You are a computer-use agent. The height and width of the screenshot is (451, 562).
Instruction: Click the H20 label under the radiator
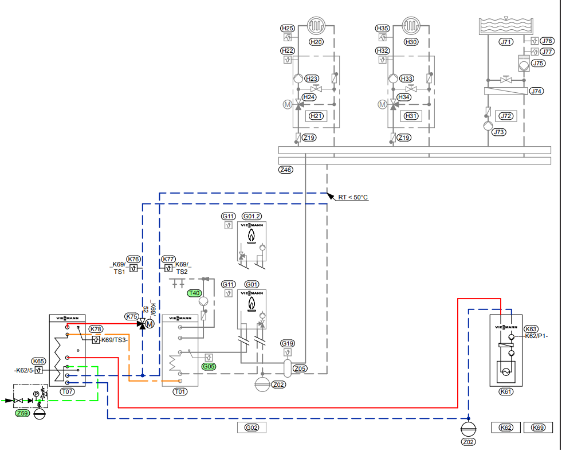(x=316, y=42)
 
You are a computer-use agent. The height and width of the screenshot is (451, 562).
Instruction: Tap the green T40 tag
(x=194, y=293)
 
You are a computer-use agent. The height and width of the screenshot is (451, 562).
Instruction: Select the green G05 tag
(x=209, y=366)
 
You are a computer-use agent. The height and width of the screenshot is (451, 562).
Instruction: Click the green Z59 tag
(x=22, y=413)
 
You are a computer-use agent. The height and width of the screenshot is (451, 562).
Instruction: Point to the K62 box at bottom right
(x=506, y=428)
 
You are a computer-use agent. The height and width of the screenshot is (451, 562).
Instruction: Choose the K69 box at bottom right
(x=538, y=428)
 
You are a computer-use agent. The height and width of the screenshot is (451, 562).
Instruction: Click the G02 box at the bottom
(x=251, y=428)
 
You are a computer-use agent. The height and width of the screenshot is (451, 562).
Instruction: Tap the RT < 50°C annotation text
(x=353, y=197)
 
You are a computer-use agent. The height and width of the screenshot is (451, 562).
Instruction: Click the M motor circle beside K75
(x=150, y=324)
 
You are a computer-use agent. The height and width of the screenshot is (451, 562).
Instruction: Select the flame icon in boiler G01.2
(x=251, y=236)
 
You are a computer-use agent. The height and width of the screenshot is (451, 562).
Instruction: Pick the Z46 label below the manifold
(x=286, y=170)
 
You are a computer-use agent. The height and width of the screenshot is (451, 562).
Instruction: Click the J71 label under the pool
(x=506, y=42)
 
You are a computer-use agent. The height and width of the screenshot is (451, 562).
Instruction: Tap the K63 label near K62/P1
(x=531, y=329)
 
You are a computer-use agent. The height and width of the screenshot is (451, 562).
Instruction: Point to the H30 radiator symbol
(x=411, y=25)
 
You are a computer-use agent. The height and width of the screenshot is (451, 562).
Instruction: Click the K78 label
(x=96, y=329)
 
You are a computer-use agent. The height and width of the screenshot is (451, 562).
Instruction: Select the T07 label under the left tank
(x=68, y=391)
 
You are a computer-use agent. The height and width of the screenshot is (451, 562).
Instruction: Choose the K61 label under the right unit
(x=506, y=391)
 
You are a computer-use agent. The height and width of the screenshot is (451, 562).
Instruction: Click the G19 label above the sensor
(x=288, y=343)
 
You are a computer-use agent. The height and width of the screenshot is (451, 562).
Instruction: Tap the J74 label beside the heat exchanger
(x=536, y=91)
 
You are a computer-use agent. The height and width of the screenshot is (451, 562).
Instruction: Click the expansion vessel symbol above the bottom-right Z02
(x=468, y=429)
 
